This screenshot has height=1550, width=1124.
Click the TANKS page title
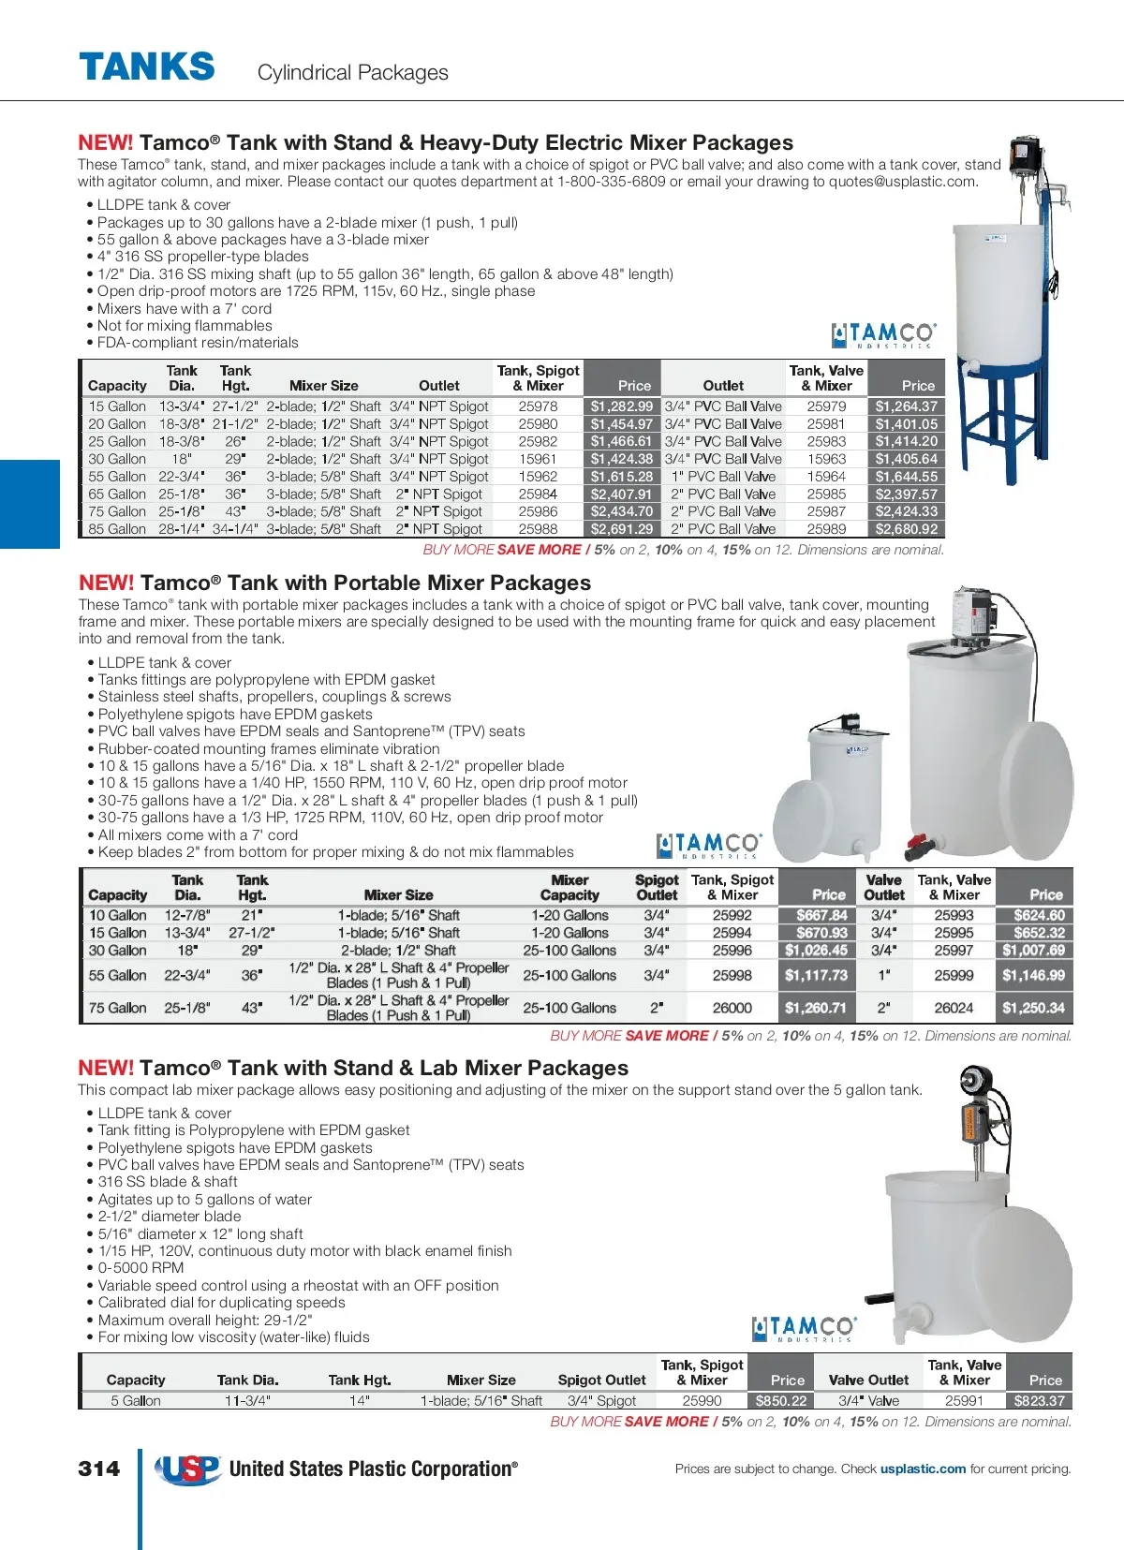click(x=147, y=67)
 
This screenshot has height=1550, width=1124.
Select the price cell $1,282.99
click(x=622, y=406)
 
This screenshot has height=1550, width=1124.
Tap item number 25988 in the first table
click(x=538, y=529)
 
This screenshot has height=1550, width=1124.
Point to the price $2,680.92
click(x=906, y=529)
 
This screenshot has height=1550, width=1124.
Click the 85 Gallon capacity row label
click(x=117, y=529)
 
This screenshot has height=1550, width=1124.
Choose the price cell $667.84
click(x=821, y=915)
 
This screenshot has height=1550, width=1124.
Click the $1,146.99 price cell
click(x=1033, y=975)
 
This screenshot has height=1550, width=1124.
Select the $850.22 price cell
click(x=781, y=1401)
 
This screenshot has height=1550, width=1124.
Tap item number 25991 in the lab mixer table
click(x=964, y=1401)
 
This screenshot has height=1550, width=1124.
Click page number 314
click(x=99, y=1469)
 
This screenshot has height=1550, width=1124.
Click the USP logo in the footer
click(x=188, y=1469)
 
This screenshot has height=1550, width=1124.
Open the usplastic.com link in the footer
click(x=923, y=1469)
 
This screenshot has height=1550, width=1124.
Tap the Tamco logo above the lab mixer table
click(x=804, y=1328)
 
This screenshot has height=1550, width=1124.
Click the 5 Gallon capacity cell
click(x=136, y=1401)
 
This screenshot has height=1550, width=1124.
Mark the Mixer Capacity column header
click(x=569, y=887)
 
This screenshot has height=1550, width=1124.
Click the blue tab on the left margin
click(x=29, y=504)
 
